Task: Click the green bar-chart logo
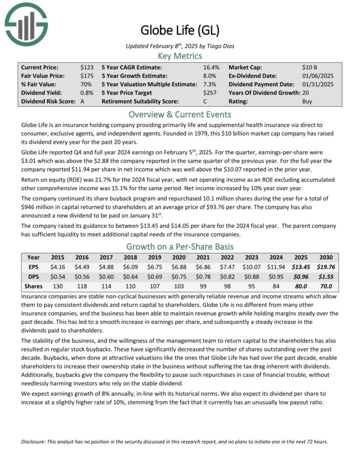coord(26,23)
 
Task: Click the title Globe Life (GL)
coord(179,30)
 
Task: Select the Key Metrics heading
coord(179,56)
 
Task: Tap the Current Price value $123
coord(87,67)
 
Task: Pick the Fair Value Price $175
coord(87,76)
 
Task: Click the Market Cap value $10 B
coord(310,67)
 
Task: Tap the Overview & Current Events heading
coord(179,114)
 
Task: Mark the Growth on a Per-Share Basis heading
coord(179,247)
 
